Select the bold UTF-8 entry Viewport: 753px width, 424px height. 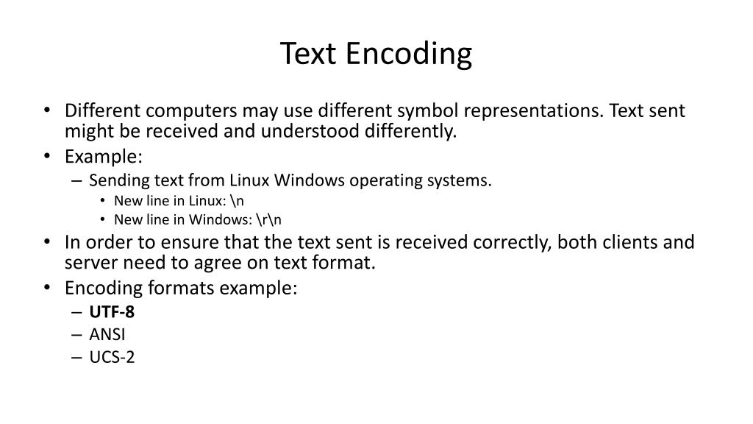112,311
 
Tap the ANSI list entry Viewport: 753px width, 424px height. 107,334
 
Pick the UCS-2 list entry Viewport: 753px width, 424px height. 112,357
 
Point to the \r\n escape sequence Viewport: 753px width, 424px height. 269,219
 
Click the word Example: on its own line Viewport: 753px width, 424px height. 103,157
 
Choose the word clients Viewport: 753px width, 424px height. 632,242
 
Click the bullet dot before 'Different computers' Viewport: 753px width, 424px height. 48,111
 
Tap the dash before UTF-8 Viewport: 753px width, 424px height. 78,311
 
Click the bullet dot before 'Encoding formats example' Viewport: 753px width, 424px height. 48,287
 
